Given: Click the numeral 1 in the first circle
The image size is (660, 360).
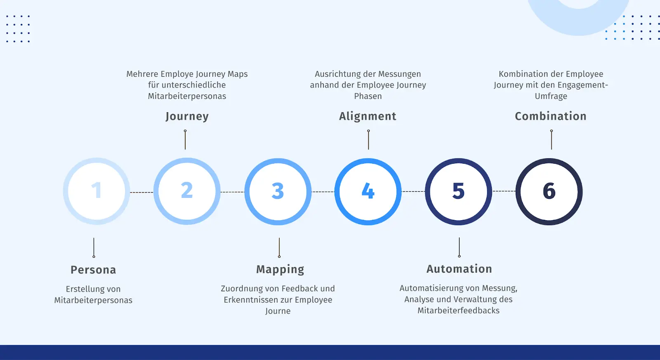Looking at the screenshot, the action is point(97,191).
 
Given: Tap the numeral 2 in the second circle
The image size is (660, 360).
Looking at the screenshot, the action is point(187,191).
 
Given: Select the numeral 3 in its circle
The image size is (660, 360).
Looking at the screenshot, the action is point(278,191).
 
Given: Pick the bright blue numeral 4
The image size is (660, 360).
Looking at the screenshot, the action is point(368,191).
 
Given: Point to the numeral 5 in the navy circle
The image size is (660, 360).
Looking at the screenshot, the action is point(458,191).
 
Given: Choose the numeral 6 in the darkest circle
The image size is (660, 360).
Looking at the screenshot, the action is point(549,191).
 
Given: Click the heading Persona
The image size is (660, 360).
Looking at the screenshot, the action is point(93,270).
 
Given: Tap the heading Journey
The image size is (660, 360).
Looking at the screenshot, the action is point(187,116).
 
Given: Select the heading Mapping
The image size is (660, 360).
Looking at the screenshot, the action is point(280,270).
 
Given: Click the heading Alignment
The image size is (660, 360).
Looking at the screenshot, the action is point(368,116).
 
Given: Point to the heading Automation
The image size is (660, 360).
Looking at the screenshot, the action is point(460,269).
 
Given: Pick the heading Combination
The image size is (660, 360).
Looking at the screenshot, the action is point(551,116).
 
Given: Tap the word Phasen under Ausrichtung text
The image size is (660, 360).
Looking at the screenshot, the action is point(368,96).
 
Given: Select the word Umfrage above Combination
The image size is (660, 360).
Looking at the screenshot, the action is point(551,96).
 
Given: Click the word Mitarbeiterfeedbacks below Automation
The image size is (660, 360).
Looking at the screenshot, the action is point(458,311).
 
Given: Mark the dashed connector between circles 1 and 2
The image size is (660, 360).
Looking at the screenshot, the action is point(142,193).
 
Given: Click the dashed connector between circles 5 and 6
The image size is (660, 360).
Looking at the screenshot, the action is point(504,191).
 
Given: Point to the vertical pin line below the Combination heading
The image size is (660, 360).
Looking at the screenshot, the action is point(552,139).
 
